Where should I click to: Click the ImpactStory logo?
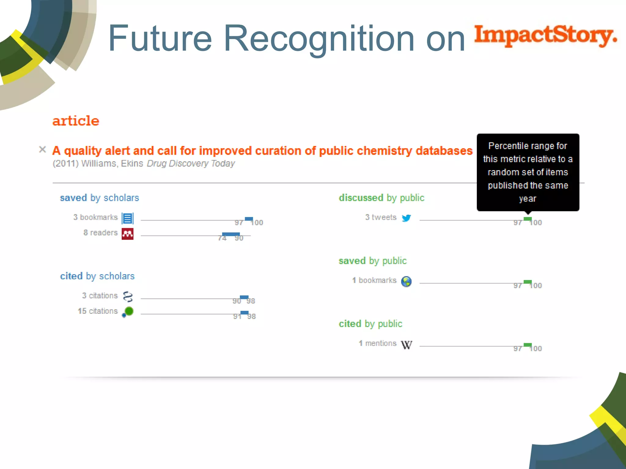tap(545, 36)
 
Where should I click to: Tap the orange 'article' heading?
tap(76, 121)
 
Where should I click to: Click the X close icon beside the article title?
tap(42, 149)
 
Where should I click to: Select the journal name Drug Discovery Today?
tap(191, 164)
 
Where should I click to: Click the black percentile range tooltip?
tap(528, 172)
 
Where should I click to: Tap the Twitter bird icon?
tap(406, 218)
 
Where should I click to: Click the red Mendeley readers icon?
tap(127, 234)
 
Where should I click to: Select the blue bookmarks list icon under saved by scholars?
tap(127, 218)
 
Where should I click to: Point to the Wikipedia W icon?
tap(407, 345)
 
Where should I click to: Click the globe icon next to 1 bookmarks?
tap(406, 282)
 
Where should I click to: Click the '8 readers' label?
tap(101, 233)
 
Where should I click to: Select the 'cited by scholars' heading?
tap(97, 276)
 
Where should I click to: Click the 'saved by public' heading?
tap(373, 261)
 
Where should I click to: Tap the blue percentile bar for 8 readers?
tap(231, 234)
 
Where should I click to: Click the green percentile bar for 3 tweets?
tap(528, 219)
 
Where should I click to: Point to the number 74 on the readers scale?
tap(222, 238)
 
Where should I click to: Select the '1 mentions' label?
tap(377, 344)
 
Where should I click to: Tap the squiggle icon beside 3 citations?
tap(128, 296)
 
